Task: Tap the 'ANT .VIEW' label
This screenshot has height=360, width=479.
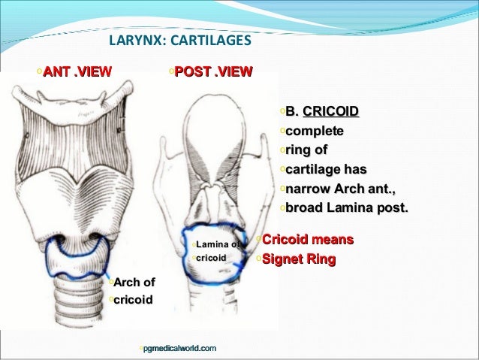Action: coord(77,72)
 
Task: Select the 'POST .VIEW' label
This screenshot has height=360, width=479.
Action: coord(213,72)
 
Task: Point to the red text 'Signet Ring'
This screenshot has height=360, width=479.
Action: coord(303,260)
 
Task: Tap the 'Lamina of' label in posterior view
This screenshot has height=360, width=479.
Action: coord(218,244)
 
